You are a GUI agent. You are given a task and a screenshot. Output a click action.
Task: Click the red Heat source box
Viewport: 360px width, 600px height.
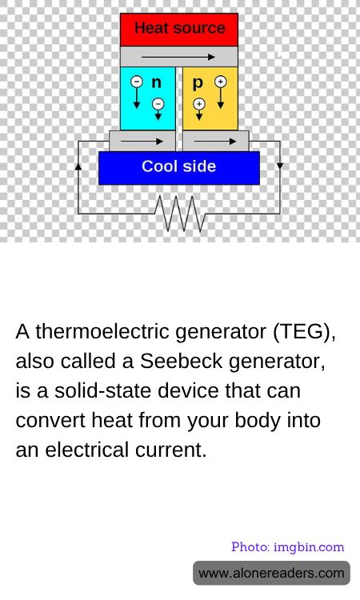coord(179,30)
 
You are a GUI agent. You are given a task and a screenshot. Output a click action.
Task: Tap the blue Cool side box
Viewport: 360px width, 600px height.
coord(179,168)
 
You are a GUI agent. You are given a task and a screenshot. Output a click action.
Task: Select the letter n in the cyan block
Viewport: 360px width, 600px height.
coord(157,82)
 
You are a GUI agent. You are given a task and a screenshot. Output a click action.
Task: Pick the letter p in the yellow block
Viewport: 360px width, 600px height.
coord(198,83)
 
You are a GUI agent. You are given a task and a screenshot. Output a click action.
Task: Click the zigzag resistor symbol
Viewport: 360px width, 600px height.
coord(180,214)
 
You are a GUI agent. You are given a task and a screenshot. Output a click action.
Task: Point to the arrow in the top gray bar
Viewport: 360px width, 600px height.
coord(178,57)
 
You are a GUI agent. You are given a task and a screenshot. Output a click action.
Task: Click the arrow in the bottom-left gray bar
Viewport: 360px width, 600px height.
coord(142,141)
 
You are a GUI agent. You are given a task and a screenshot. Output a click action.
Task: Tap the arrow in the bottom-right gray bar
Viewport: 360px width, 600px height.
coord(215,141)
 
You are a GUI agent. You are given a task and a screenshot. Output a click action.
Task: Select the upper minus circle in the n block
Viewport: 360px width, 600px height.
coord(137,82)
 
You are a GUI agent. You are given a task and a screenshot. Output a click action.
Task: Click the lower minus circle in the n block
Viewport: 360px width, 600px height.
coord(158,104)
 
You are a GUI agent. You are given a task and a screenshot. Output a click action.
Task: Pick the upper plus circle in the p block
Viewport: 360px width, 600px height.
coord(220,82)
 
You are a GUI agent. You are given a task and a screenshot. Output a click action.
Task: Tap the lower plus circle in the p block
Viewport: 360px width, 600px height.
coord(199,104)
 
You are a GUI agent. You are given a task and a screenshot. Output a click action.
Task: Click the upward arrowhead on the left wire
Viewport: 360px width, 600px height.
coord(78,166)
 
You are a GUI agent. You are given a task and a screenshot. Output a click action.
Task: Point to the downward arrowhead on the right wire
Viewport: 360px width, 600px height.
coord(280,166)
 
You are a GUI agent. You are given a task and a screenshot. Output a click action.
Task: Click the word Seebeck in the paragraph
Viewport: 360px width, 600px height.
coord(181,361)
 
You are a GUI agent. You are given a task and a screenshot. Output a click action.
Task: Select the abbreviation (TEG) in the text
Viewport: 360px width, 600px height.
coord(305,331)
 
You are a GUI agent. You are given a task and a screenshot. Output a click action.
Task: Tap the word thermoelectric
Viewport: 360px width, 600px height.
coord(102,331)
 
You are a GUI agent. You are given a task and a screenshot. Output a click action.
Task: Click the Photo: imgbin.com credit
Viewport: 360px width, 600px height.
coord(288,547)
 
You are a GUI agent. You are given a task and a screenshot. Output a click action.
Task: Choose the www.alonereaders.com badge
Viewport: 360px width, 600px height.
coord(272,573)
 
